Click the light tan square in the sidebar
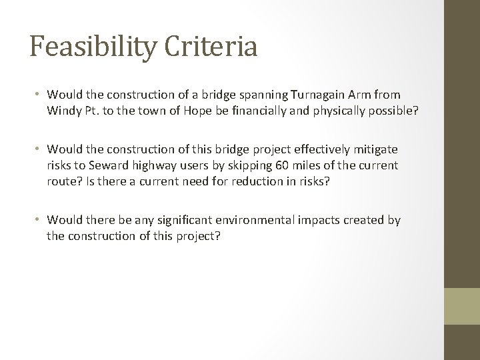[462, 307]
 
